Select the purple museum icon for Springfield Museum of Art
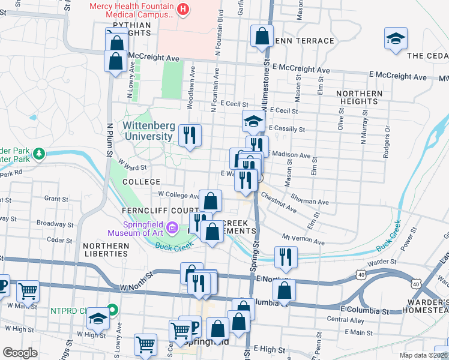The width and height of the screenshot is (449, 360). coord(173,227)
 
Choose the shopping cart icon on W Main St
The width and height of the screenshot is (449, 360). coord(28,292)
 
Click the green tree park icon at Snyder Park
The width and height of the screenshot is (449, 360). coord(40,155)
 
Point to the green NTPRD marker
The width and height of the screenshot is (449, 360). coord(112,311)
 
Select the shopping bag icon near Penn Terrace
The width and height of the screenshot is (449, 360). coord(262,36)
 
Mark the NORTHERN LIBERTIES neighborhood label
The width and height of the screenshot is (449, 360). coord(106,250)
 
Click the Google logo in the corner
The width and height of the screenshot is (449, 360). coord(20,353)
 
